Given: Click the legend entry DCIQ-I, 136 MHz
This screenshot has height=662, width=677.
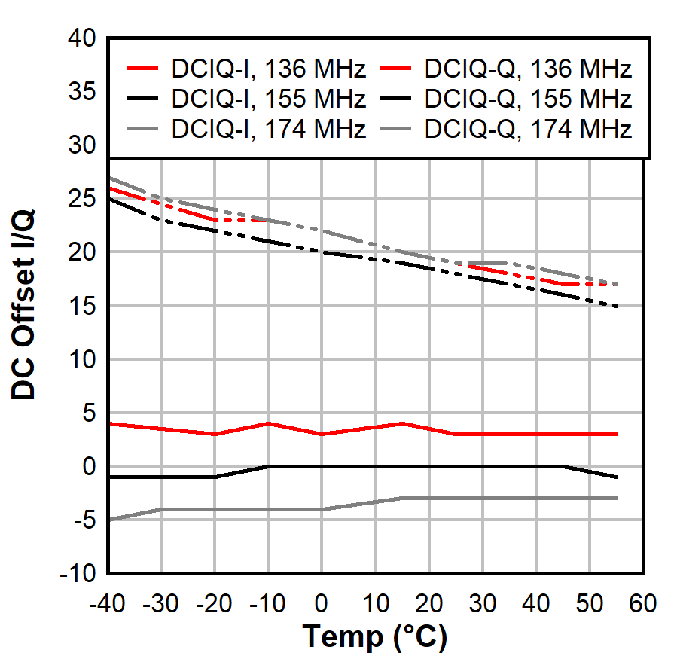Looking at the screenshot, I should (x=268, y=70).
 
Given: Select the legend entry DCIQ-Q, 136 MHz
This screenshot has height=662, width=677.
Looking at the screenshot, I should (x=527, y=70).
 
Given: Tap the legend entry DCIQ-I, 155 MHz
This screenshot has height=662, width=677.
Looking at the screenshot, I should (x=268, y=99).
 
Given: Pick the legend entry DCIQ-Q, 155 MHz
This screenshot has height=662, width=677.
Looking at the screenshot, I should (x=527, y=99).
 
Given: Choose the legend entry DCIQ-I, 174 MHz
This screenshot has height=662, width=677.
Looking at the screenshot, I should (x=268, y=129).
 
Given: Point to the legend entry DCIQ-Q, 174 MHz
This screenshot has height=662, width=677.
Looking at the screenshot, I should (x=527, y=129).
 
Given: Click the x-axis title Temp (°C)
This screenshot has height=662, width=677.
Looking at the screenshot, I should (x=375, y=638).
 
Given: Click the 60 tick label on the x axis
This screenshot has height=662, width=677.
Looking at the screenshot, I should (x=642, y=603).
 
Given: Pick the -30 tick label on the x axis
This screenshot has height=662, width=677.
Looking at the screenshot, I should (x=161, y=603).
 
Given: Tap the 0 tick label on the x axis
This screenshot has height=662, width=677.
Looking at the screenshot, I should (x=322, y=603).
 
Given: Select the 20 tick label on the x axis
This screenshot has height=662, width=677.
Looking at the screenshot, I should (x=428, y=603).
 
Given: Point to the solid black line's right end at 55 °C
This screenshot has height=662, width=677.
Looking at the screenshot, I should (x=617, y=477).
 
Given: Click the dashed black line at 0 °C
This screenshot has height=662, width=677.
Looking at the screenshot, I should (x=322, y=252).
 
